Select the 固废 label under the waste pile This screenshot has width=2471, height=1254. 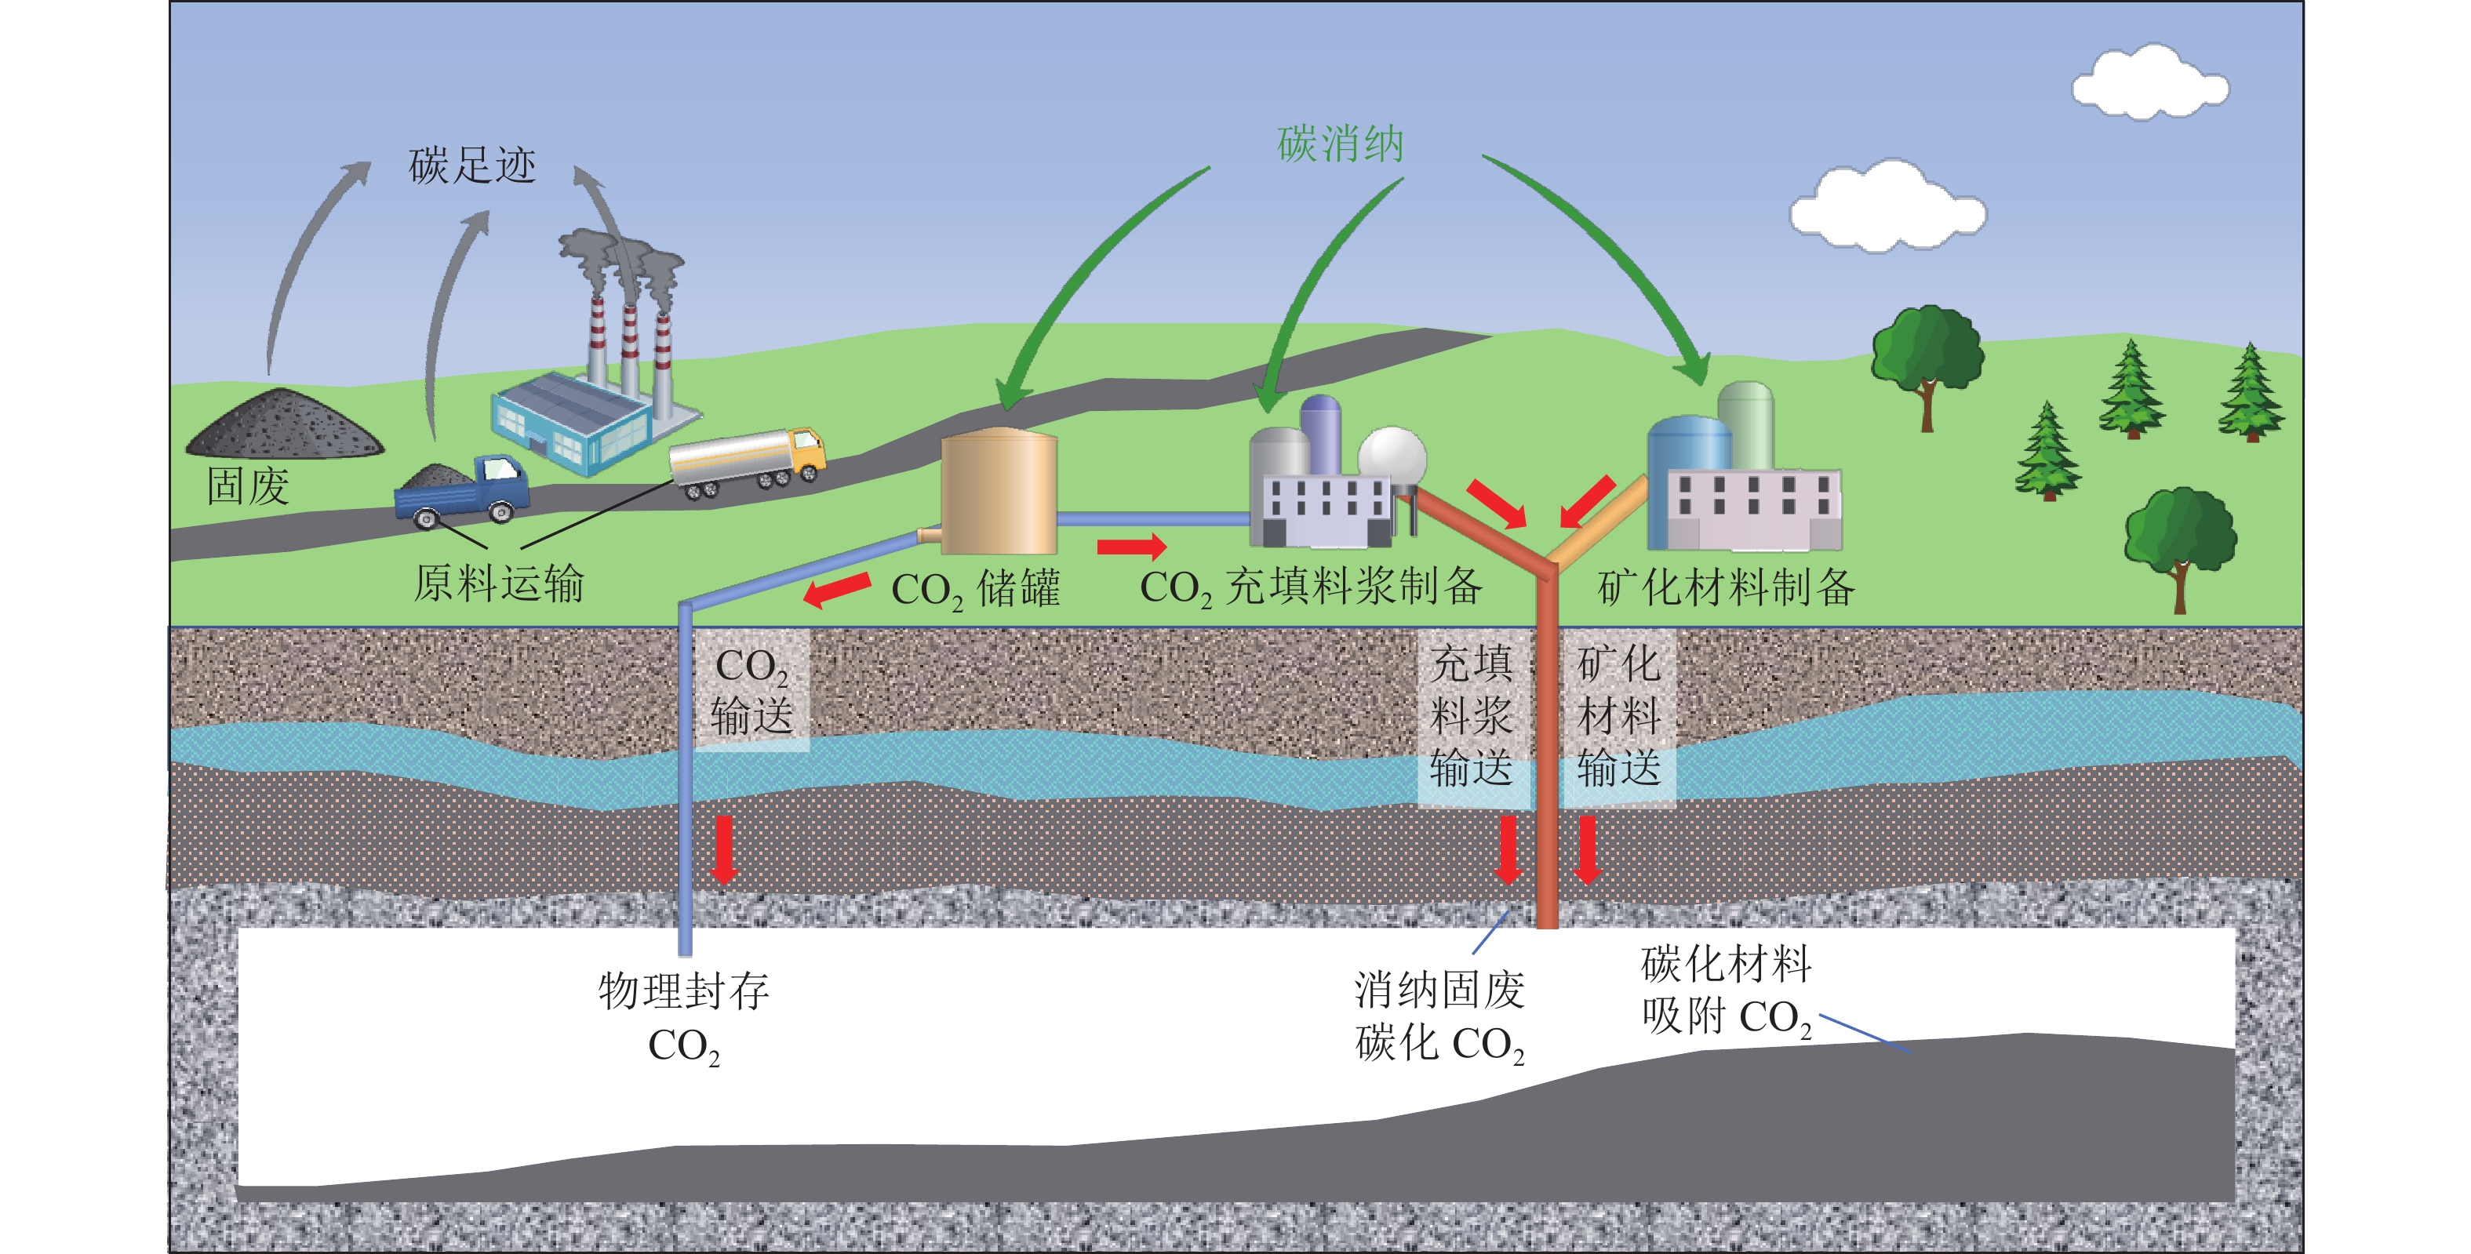coord(247,486)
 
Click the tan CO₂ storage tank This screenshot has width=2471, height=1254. coord(998,493)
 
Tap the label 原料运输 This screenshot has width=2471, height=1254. coord(498,583)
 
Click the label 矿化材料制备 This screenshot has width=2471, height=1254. coord(1725,587)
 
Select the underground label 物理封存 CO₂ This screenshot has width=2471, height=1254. coord(683,1017)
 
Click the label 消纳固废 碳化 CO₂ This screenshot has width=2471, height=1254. coord(1439,1016)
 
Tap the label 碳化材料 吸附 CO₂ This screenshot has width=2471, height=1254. coord(1725,990)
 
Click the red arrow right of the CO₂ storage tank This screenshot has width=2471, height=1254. coord(1131,547)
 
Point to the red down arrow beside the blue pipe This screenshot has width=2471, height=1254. coord(724,849)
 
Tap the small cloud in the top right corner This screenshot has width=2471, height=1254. coord(2149,82)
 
